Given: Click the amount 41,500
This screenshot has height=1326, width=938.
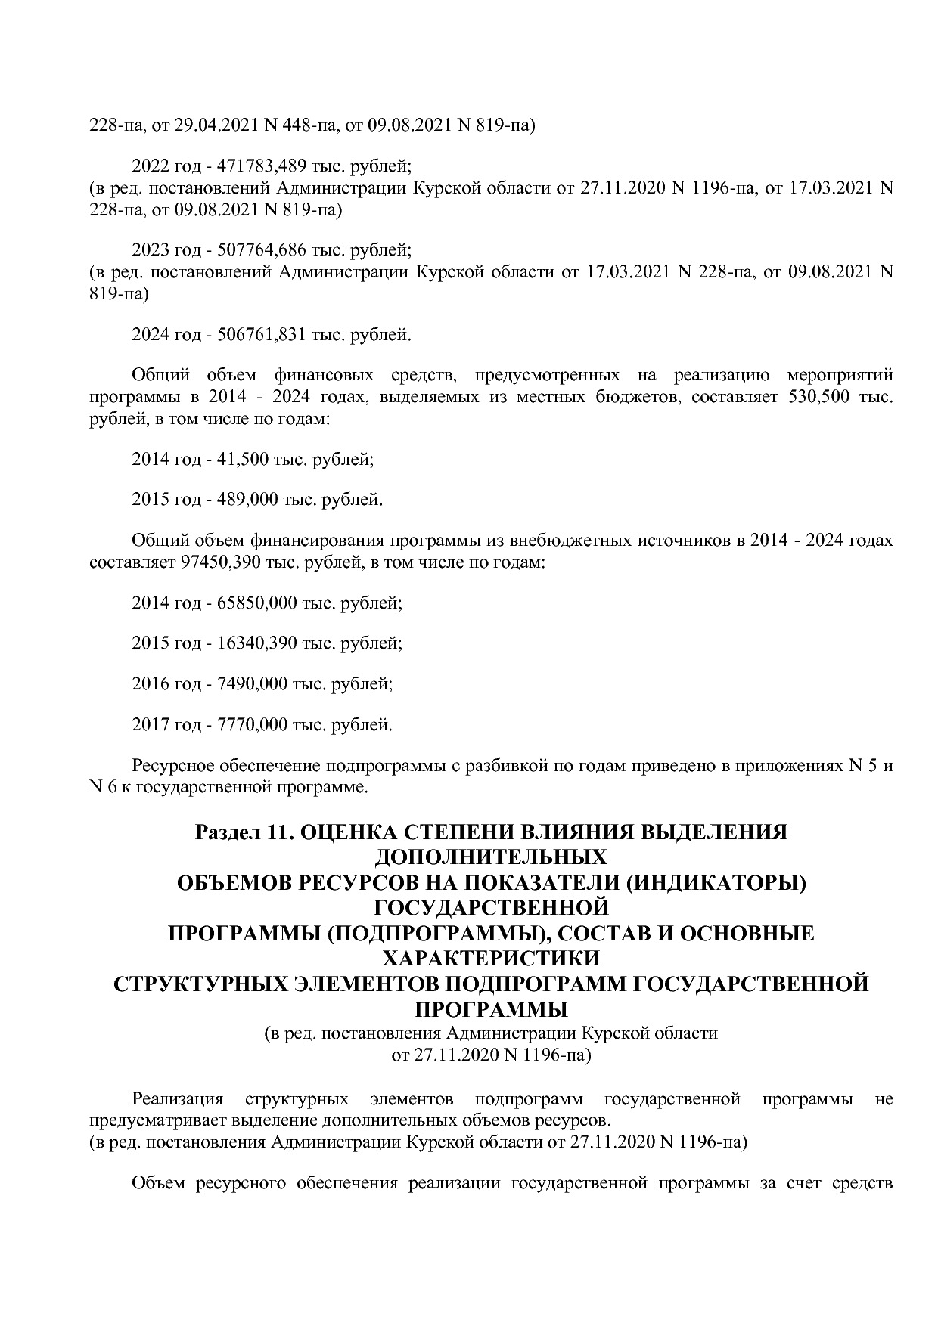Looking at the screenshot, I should [x=244, y=459].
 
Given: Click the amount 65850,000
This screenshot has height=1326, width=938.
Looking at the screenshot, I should [x=257, y=603].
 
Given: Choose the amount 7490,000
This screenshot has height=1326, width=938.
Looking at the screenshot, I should [x=253, y=684].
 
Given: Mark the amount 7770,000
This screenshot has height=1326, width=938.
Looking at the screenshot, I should [x=253, y=725].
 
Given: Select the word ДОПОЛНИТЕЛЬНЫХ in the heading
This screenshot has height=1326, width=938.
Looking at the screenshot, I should [x=491, y=857].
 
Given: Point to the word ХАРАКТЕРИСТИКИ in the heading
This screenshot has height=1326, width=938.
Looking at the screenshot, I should [x=491, y=959].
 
